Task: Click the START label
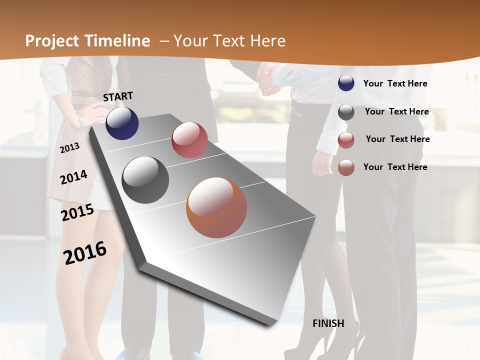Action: [118, 96]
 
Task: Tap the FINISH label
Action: [328, 323]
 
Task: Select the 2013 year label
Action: [69, 148]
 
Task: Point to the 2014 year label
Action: [73, 177]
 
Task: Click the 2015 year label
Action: [77, 212]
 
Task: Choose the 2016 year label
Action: [85, 252]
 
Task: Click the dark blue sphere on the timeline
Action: [122, 123]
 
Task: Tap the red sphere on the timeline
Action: [189, 140]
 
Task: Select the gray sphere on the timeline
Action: [145, 180]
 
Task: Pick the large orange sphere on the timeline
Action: [216, 207]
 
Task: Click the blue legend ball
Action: [346, 83]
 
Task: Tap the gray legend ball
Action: [346, 112]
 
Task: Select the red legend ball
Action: [346, 140]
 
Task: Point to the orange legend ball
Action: [346, 167]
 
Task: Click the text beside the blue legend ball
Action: [395, 84]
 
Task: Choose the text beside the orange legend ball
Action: [395, 167]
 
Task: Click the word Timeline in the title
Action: [117, 41]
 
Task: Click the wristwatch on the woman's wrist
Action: [80, 120]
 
